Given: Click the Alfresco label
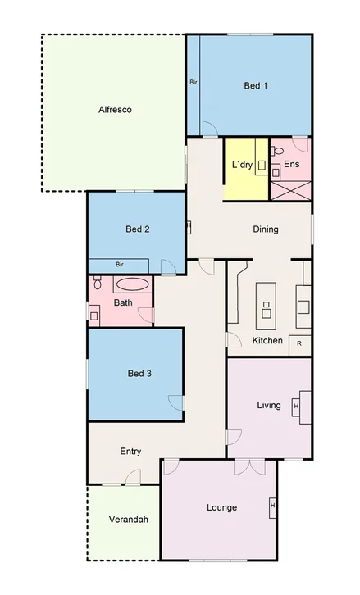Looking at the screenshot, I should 115,109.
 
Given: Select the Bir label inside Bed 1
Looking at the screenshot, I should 194,82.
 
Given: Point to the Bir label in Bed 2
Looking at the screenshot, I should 119,265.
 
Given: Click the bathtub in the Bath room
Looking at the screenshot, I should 132,285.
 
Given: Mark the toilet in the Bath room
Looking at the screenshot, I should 97,283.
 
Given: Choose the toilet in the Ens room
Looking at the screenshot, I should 277,151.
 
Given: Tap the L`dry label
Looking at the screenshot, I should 242,165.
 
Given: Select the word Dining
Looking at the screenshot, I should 265,229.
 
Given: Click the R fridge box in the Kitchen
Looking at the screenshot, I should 299,343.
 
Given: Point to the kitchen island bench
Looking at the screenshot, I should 266,302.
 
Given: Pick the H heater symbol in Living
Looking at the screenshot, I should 296,406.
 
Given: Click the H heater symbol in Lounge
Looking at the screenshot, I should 271,508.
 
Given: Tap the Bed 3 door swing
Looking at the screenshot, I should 175,402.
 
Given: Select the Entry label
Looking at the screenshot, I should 130,452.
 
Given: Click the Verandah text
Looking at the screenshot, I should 124,520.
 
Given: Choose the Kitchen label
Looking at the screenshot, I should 267,340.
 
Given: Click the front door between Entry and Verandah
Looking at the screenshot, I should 132,478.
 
